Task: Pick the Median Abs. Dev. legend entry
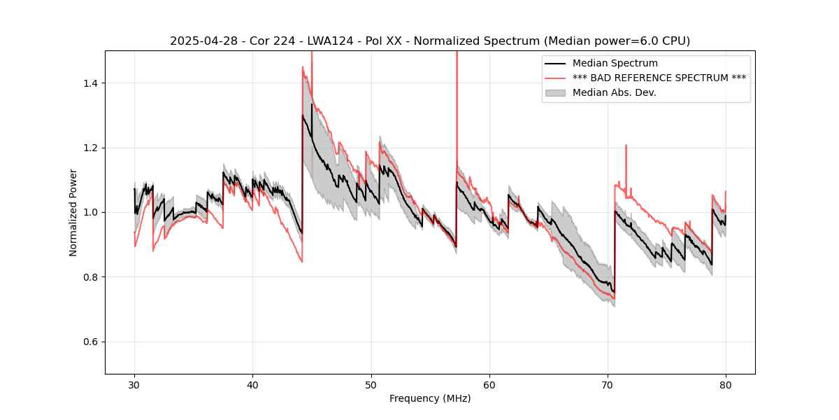tap(614, 92)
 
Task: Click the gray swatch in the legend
tap(557, 92)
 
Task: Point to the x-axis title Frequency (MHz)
tap(430, 398)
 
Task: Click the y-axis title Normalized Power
tap(73, 212)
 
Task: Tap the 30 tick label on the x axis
tap(135, 385)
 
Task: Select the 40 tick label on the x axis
tap(253, 385)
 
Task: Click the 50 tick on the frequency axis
tap(371, 385)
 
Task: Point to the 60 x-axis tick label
tap(489, 385)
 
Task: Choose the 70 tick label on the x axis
tap(608, 385)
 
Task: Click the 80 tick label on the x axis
tap(726, 385)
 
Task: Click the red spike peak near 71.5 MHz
tap(626, 146)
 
